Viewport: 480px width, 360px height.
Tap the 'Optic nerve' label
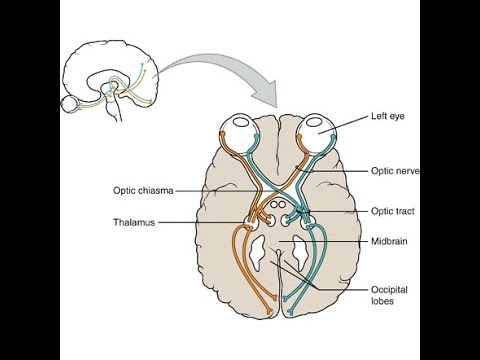pos(392,171)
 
